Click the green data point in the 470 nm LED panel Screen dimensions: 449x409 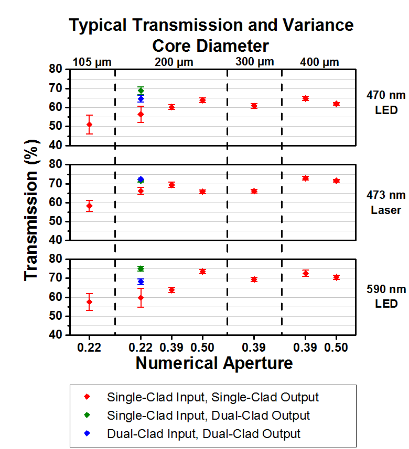141,91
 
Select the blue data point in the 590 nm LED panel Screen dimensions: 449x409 141,282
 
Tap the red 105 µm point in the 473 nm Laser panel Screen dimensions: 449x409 89,206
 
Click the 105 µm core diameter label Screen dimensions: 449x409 92,62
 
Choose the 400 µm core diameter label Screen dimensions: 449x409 319,62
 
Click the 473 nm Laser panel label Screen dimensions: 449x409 386,203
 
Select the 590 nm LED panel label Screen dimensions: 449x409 386,296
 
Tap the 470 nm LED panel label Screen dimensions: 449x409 386,103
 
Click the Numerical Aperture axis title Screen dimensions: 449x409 214,363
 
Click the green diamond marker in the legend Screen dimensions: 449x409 88,416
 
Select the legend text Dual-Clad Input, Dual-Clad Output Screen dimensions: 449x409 203,434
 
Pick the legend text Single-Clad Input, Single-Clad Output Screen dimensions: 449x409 212,397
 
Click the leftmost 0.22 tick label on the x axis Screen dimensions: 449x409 89,347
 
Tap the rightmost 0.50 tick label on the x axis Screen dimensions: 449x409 336,347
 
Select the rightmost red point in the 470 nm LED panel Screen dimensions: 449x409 336,104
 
